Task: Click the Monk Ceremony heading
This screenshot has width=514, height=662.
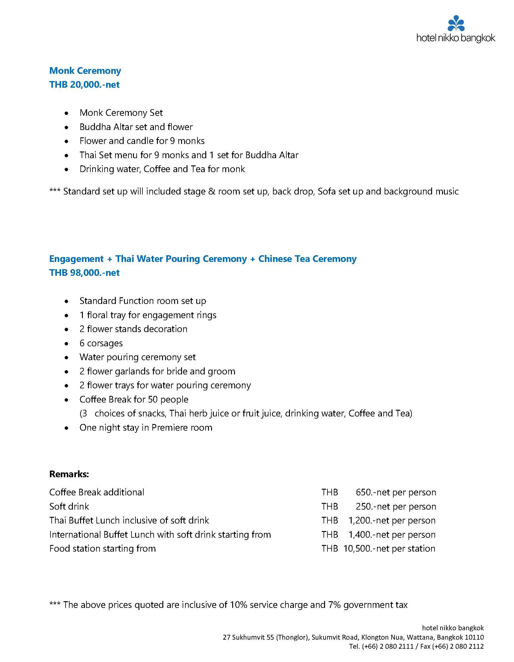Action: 85,71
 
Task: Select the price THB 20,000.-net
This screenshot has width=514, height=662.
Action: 84,85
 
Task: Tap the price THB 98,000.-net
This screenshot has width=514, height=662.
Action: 84,272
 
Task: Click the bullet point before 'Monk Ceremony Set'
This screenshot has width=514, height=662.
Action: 67,113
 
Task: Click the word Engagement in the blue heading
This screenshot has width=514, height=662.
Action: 76,259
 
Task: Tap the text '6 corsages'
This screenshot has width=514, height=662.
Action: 101,343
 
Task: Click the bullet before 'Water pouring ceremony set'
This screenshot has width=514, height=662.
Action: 67,358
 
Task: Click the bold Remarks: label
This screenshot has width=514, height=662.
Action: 69,474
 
